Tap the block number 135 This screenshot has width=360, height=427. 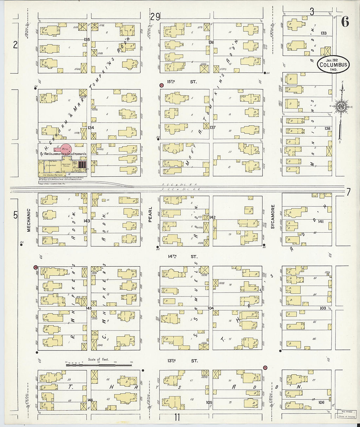point(87,40)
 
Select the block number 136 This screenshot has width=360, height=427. point(211,42)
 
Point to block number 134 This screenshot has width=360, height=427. point(91,128)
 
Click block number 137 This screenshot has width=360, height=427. point(213,127)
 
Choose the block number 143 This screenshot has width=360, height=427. point(87,221)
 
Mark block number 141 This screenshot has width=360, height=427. point(321,222)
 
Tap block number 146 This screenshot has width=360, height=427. point(90,400)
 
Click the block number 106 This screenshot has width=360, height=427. point(321,402)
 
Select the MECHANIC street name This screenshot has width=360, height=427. point(28,220)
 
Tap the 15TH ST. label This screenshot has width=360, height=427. point(182,82)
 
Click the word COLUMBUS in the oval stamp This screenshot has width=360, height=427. point(333,65)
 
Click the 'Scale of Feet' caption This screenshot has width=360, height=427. point(98,359)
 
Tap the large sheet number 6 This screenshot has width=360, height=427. point(345,22)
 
